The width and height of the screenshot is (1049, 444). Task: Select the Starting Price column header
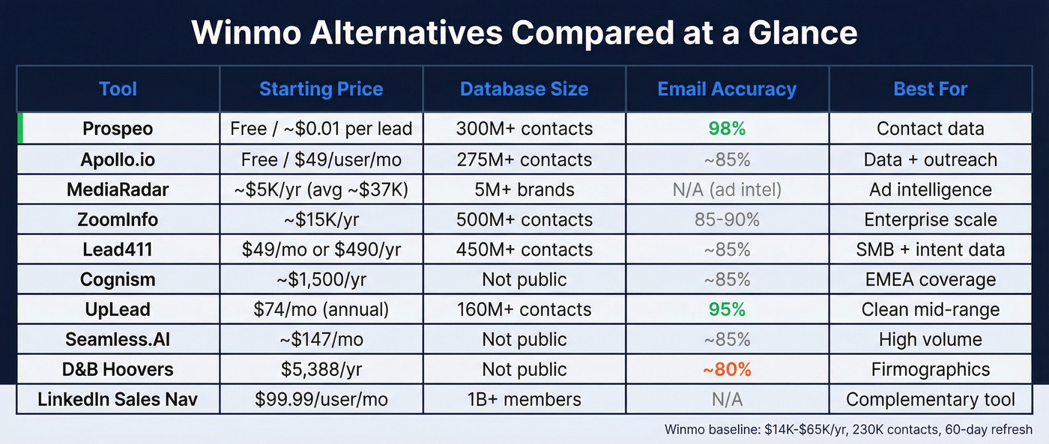pos(321,89)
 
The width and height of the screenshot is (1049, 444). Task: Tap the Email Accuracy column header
pos(727,89)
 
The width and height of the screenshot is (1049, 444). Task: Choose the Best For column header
pos(930,89)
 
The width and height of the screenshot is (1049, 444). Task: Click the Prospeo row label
pos(118,129)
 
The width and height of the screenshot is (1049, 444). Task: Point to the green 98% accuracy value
pos(727,129)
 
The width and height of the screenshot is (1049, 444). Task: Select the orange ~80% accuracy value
pos(727,369)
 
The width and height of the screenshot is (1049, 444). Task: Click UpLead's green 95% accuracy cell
pos(727,309)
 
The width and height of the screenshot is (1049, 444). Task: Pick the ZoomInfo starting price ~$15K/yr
pos(321,219)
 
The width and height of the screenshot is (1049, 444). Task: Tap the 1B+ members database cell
pos(524,399)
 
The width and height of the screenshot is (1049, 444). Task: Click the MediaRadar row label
pos(118,189)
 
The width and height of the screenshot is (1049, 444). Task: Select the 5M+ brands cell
pos(524,189)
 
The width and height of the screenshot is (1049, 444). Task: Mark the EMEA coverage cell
pos(930,279)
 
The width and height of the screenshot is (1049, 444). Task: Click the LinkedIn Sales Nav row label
pos(118,399)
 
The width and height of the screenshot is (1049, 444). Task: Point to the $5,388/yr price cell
pos(321,369)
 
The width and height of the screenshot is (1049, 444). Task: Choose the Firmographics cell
pos(930,369)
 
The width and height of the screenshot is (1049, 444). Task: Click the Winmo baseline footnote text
pos(848,430)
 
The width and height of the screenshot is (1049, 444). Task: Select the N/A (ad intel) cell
pos(727,189)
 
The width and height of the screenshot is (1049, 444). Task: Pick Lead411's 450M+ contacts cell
pos(524,249)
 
